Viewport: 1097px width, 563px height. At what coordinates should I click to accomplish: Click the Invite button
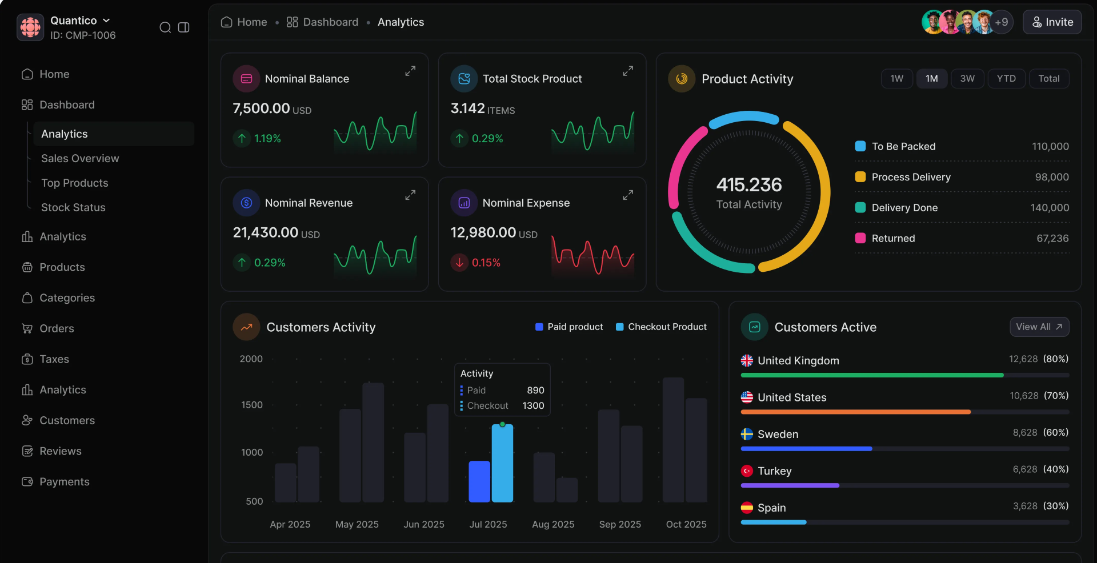click(x=1052, y=22)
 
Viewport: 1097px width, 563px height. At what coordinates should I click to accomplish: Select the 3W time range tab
click(x=967, y=78)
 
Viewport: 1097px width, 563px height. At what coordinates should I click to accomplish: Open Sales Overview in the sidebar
click(x=80, y=158)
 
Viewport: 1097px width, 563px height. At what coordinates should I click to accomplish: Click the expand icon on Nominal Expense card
click(x=627, y=195)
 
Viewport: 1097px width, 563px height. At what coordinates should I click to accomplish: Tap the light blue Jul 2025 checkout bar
click(x=502, y=463)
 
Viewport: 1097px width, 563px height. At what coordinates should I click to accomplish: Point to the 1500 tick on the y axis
click(x=251, y=405)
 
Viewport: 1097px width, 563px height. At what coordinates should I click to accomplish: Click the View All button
click(x=1039, y=327)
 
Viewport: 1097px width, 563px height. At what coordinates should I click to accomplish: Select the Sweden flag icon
click(x=747, y=434)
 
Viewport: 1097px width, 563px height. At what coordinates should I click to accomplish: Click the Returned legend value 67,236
click(x=1052, y=238)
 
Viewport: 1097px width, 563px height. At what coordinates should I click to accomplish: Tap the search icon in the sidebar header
click(x=165, y=27)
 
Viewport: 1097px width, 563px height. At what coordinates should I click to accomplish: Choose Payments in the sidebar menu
click(x=64, y=481)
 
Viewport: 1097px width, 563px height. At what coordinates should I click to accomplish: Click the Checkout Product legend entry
click(x=661, y=327)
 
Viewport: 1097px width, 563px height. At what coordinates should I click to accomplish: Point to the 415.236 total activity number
click(x=748, y=184)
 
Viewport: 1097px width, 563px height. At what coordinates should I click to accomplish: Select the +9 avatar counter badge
click(x=1001, y=22)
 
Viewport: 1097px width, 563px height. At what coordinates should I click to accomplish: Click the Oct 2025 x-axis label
click(x=686, y=524)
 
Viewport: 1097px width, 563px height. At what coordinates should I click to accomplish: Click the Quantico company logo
click(x=30, y=27)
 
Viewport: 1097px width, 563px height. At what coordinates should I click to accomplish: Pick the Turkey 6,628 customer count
click(x=1024, y=469)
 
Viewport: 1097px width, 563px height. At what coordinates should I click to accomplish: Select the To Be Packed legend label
click(x=903, y=146)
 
